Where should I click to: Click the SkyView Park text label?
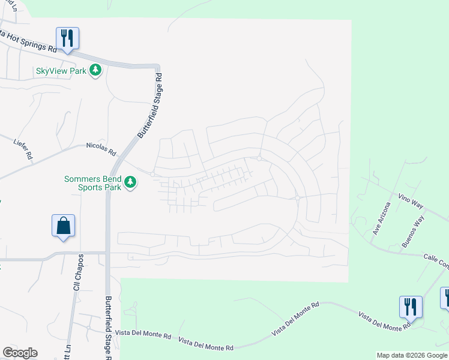(61, 71)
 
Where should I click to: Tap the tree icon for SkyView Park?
(95, 71)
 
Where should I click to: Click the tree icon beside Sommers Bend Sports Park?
(130, 182)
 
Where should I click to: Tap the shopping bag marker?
(63, 226)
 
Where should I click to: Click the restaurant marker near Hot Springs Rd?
(68, 38)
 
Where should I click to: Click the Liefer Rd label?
(23, 149)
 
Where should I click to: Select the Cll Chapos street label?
(77, 271)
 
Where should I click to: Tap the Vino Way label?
(411, 200)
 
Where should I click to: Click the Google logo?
(20, 353)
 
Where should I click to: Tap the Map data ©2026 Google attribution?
(412, 355)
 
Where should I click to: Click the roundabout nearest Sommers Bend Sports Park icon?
(152, 175)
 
